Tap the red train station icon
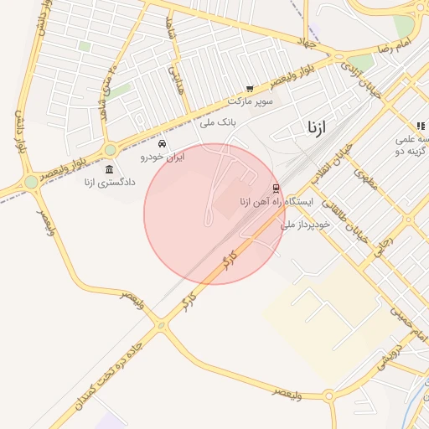pos(277,189)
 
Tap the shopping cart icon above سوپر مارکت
pos(250,89)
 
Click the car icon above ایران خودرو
pos(162,144)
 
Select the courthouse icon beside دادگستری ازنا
pos(110,170)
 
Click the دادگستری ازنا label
pos(100,182)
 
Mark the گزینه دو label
pos(412,149)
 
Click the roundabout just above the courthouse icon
pos(110,150)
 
